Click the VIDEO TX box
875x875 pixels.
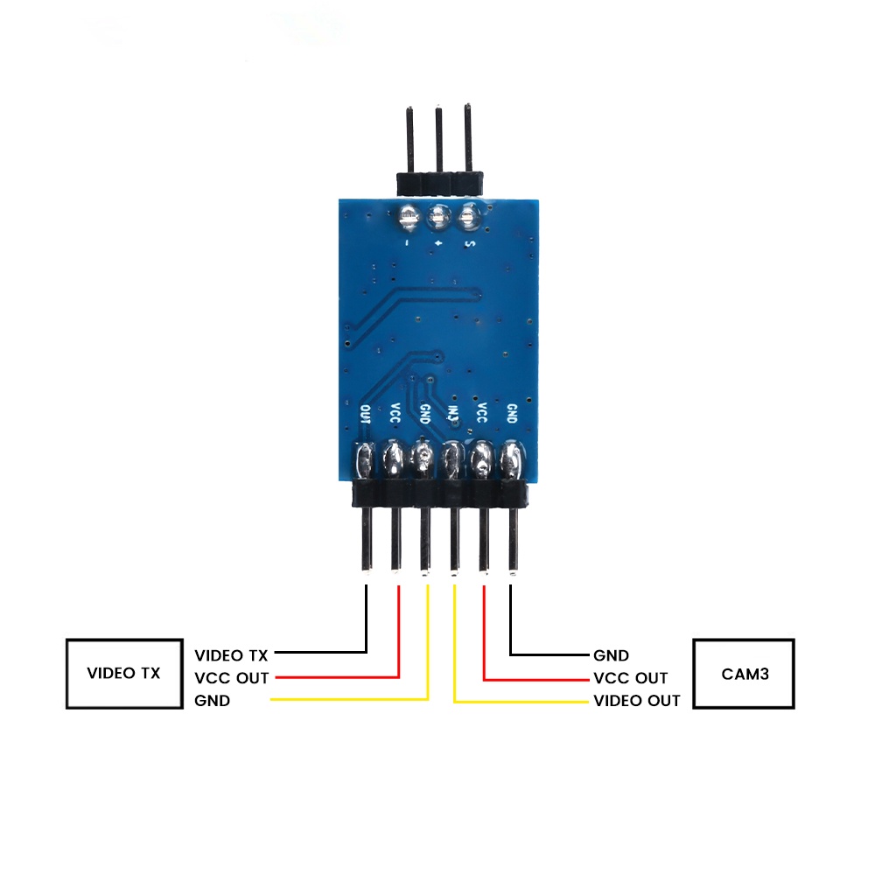123,673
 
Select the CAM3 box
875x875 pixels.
744,674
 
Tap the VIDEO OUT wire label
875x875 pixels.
636,701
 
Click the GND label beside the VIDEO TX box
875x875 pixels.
213,701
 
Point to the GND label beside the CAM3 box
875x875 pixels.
611,654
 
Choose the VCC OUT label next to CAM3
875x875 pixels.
630,678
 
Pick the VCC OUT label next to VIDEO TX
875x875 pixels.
232,678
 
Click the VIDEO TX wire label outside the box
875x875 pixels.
231,654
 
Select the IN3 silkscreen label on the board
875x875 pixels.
452,414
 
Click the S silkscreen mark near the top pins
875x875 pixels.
469,244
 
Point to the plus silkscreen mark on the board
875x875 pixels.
437,245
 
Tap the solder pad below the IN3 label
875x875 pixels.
452,459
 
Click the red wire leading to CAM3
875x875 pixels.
484,630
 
